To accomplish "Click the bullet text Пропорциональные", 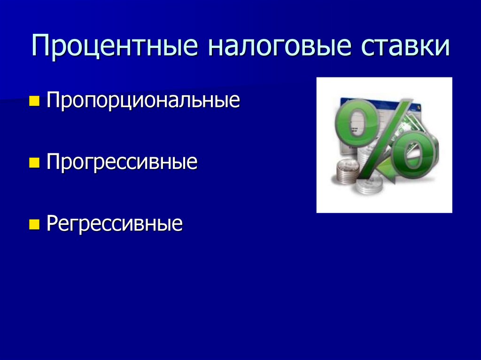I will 143,101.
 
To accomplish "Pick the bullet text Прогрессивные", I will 122,163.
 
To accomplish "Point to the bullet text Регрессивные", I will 115,224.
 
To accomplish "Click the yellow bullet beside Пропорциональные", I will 34,100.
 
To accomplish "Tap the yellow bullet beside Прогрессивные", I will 34,162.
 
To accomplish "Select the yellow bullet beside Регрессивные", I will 34,223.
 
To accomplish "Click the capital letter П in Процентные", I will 41,48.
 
